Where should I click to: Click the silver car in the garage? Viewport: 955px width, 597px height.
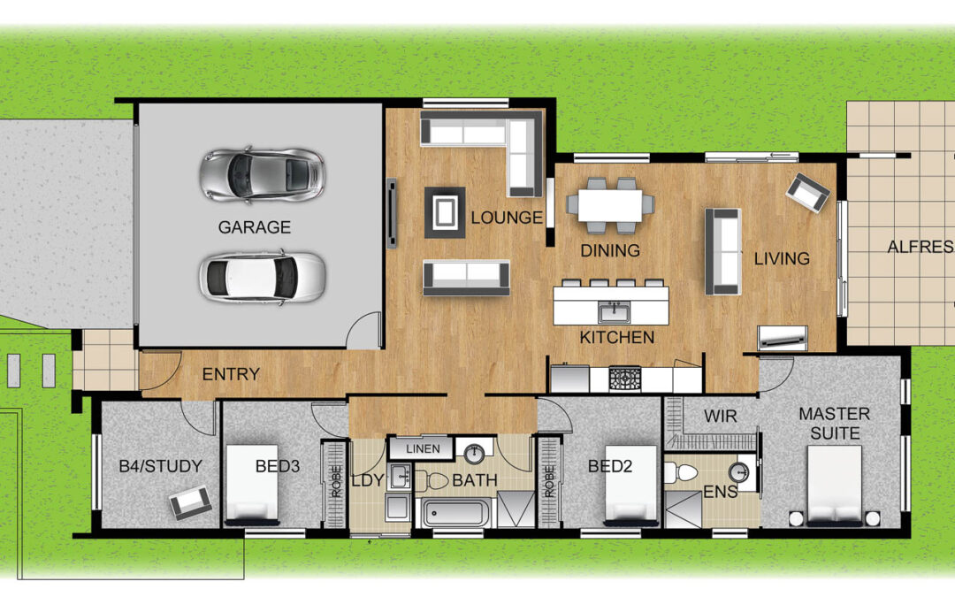[262, 174]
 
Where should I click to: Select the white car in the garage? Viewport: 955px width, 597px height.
[262, 277]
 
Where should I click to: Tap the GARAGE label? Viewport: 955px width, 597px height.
[254, 227]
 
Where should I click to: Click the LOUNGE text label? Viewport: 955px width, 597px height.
[506, 218]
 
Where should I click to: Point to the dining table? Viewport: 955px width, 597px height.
[610, 205]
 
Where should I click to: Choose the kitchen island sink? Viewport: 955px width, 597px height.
[615, 312]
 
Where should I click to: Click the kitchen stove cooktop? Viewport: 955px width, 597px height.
[625, 379]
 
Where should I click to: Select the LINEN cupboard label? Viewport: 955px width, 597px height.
[423, 449]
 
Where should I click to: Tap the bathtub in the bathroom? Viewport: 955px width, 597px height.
[456, 513]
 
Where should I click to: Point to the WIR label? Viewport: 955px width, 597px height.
[721, 416]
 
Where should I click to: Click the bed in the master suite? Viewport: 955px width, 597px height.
[835, 486]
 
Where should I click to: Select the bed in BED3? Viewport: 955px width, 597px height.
[252, 485]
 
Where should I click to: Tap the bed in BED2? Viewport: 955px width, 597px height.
[631, 486]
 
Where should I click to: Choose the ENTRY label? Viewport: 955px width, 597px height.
[231, 374]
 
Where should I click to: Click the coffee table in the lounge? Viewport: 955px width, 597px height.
[445, 212]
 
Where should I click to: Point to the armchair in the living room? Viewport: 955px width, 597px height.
[807, 193]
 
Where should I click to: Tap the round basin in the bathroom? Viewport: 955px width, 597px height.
[474, 454]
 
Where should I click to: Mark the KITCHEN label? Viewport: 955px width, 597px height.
[617, 337]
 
